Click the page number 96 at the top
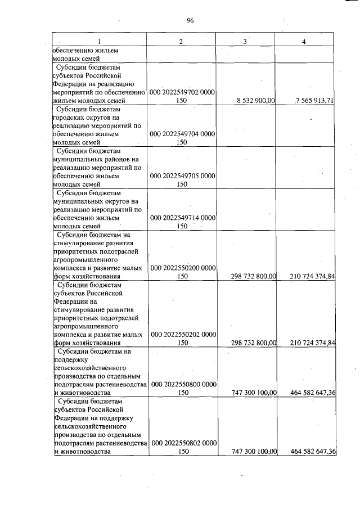pyautogui.click(x=190, y=21)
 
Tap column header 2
pyautogui.click(x=181, y=42)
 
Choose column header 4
pyautogui.click(x=304, y=42)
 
